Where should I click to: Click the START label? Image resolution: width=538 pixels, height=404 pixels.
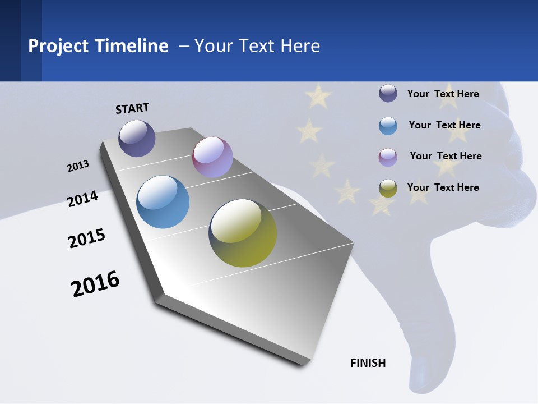132,108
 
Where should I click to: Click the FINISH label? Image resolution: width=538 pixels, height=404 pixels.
368,363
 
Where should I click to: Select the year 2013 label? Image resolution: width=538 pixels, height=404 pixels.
78,166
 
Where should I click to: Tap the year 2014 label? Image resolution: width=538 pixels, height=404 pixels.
83,199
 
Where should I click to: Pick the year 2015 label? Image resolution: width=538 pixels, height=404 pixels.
87,238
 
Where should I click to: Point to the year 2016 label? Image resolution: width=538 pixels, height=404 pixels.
95,284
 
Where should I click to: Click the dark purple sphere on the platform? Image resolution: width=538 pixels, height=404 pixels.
137,138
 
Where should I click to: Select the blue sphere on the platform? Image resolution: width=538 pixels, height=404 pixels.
163,202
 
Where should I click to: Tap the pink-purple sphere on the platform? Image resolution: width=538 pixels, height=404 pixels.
212,157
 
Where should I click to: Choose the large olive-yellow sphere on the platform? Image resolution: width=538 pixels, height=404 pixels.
243,233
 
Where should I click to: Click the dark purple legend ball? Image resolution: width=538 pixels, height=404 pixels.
388,93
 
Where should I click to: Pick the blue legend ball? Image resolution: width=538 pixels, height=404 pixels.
388,126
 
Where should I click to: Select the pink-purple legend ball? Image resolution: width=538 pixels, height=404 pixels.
388,157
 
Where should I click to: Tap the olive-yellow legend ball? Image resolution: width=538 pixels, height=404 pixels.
388,188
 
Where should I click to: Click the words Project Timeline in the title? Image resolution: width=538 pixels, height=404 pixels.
98,46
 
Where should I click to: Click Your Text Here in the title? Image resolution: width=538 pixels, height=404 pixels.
257,46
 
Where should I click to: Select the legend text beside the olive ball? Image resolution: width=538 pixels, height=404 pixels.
443,187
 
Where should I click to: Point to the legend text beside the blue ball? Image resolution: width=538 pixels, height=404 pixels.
444,125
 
